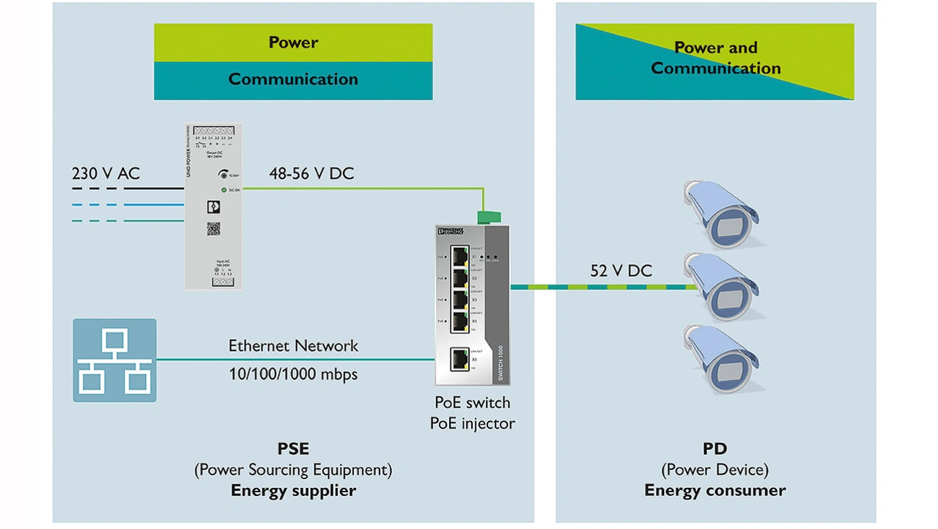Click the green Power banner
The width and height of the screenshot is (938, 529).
(293, 43)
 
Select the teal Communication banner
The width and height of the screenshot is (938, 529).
(293, 80)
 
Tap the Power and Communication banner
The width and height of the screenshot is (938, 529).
(715, 59)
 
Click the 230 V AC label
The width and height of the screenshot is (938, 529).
(106, 174)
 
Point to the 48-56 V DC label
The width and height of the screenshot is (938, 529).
(311, 174)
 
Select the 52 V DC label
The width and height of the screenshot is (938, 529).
(621, 271)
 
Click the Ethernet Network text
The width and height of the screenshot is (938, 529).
(293, 346)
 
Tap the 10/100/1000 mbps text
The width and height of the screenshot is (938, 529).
(293, 374)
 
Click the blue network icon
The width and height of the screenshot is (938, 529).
(114, 360)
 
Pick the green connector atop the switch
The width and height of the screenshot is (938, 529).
(487, 216)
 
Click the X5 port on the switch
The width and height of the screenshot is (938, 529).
(460, 358)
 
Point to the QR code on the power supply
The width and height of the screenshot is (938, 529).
(213, 228)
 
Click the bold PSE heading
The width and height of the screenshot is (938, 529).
(293, 448)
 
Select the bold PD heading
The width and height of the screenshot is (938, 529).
(715, 448)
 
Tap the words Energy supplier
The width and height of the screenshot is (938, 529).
(293, 490)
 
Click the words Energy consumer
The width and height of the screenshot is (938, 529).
(715, 490)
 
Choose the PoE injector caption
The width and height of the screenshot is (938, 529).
(472, 423)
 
